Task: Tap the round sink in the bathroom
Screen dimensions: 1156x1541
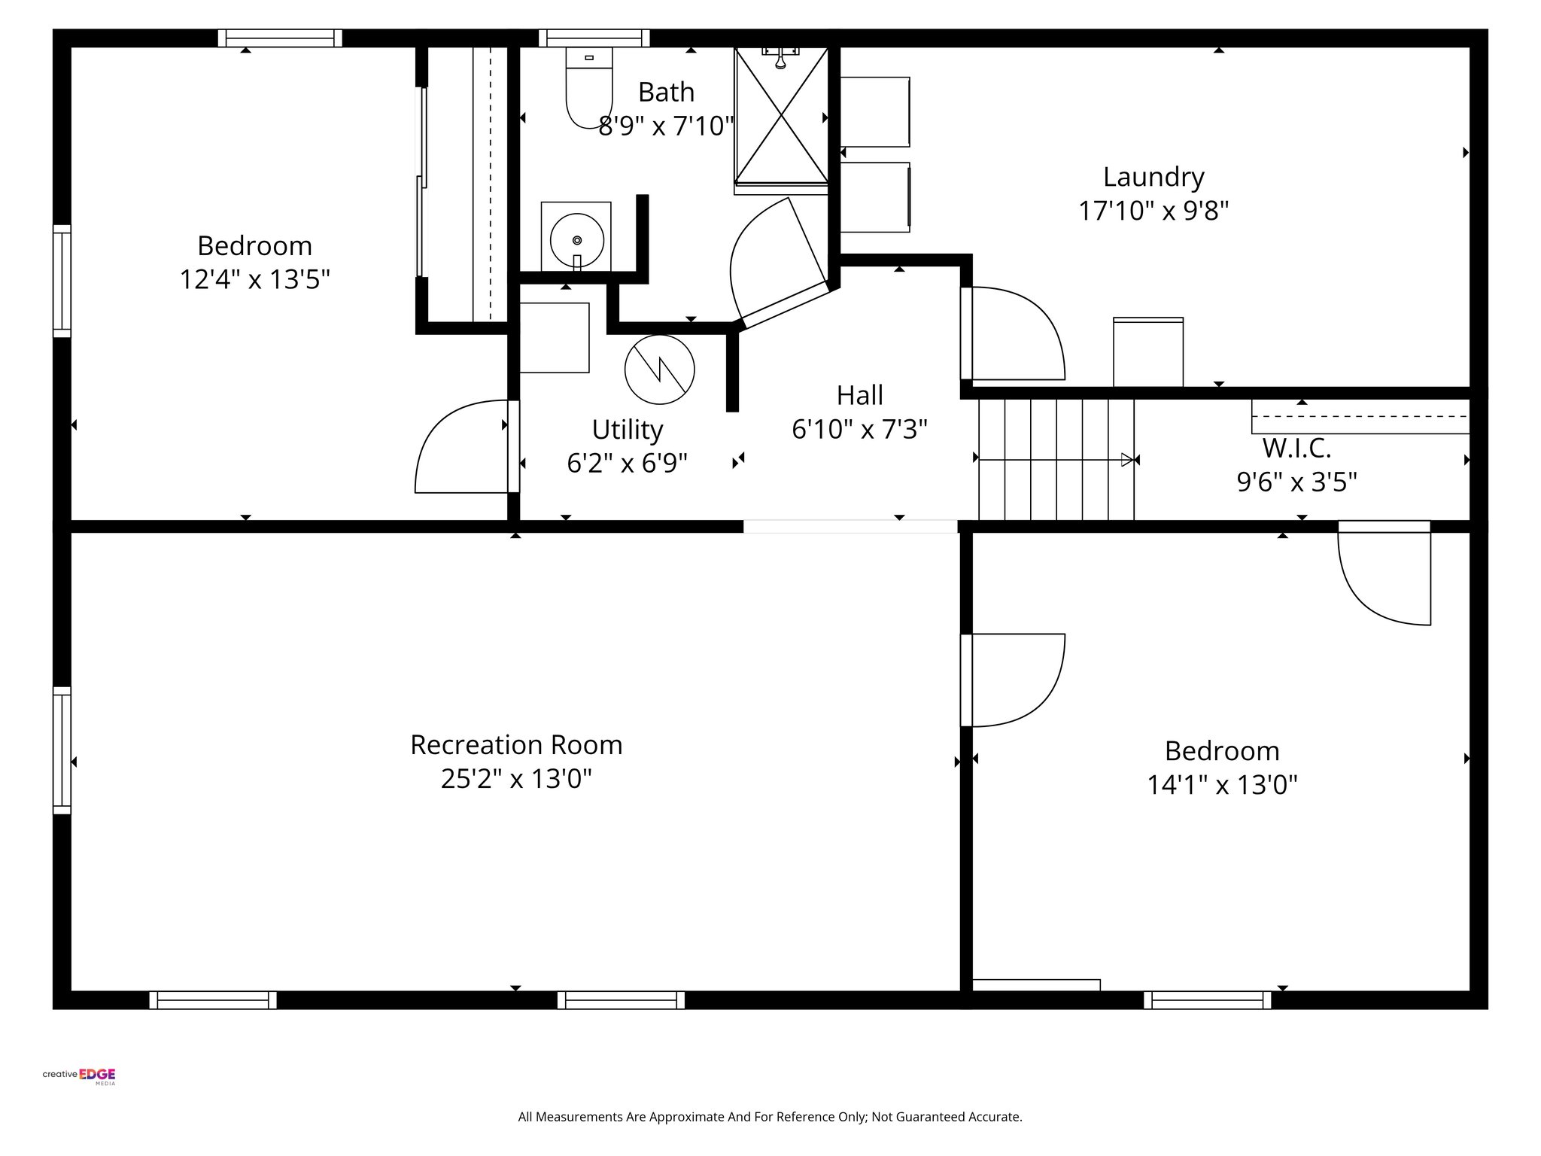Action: [x=576, y=240]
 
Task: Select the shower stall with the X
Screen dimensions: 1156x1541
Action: [x=781, y=117]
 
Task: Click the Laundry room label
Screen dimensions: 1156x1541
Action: [x=1153, y=178]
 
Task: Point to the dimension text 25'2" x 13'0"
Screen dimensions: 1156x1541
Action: [x=516, y=779]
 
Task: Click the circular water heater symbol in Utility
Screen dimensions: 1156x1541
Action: [x=659, y=370]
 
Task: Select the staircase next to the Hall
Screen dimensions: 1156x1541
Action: [x=1056, y=459]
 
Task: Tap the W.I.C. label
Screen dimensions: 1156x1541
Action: [x=1296, y=449]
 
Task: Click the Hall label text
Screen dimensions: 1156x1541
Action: [x=859, y=395]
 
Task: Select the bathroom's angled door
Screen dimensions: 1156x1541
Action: [x=779, y=260]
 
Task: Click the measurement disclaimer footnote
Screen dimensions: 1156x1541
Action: [x=770, y=1117]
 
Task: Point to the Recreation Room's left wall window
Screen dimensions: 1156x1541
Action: [x=62, y=750]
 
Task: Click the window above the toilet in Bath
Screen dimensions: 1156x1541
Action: [x=594, y=38]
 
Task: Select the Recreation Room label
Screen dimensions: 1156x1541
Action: [x=516, y=745]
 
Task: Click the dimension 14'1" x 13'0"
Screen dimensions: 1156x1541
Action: [x=1222, y=786]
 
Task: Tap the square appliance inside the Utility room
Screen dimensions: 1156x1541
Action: [x=555, y=338]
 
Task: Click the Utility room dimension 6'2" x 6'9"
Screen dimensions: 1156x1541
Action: [x=627, y=464]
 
